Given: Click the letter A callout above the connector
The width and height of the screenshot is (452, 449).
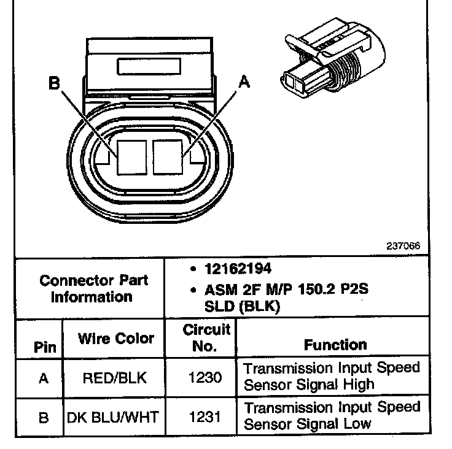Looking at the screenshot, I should [x=244, y=82].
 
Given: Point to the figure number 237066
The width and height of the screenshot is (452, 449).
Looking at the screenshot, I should [x=403, y=245].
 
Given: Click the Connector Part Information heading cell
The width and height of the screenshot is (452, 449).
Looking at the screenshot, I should [x=93, y=288].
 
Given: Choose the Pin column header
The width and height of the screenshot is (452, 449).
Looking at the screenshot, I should [x=44, y=348].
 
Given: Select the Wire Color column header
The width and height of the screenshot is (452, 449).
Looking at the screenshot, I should [x=115, y=338].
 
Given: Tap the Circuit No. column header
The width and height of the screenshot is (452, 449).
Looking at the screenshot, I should [x=206, y=337].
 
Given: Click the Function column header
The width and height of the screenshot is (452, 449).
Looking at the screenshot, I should [x=335, y=345].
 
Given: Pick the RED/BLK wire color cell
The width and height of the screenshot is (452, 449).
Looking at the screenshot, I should [x=114, y=378].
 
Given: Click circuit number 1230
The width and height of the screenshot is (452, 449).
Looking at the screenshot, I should [x=206, y=378].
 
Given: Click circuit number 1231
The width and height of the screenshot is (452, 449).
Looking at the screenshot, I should [x=206, y=417].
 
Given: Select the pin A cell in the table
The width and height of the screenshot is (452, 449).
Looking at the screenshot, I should [x=43, y=378].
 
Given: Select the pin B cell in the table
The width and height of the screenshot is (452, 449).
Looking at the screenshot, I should [x=43, y=418].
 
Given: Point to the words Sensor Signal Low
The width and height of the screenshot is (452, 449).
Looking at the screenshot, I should [x=308, y=423].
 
